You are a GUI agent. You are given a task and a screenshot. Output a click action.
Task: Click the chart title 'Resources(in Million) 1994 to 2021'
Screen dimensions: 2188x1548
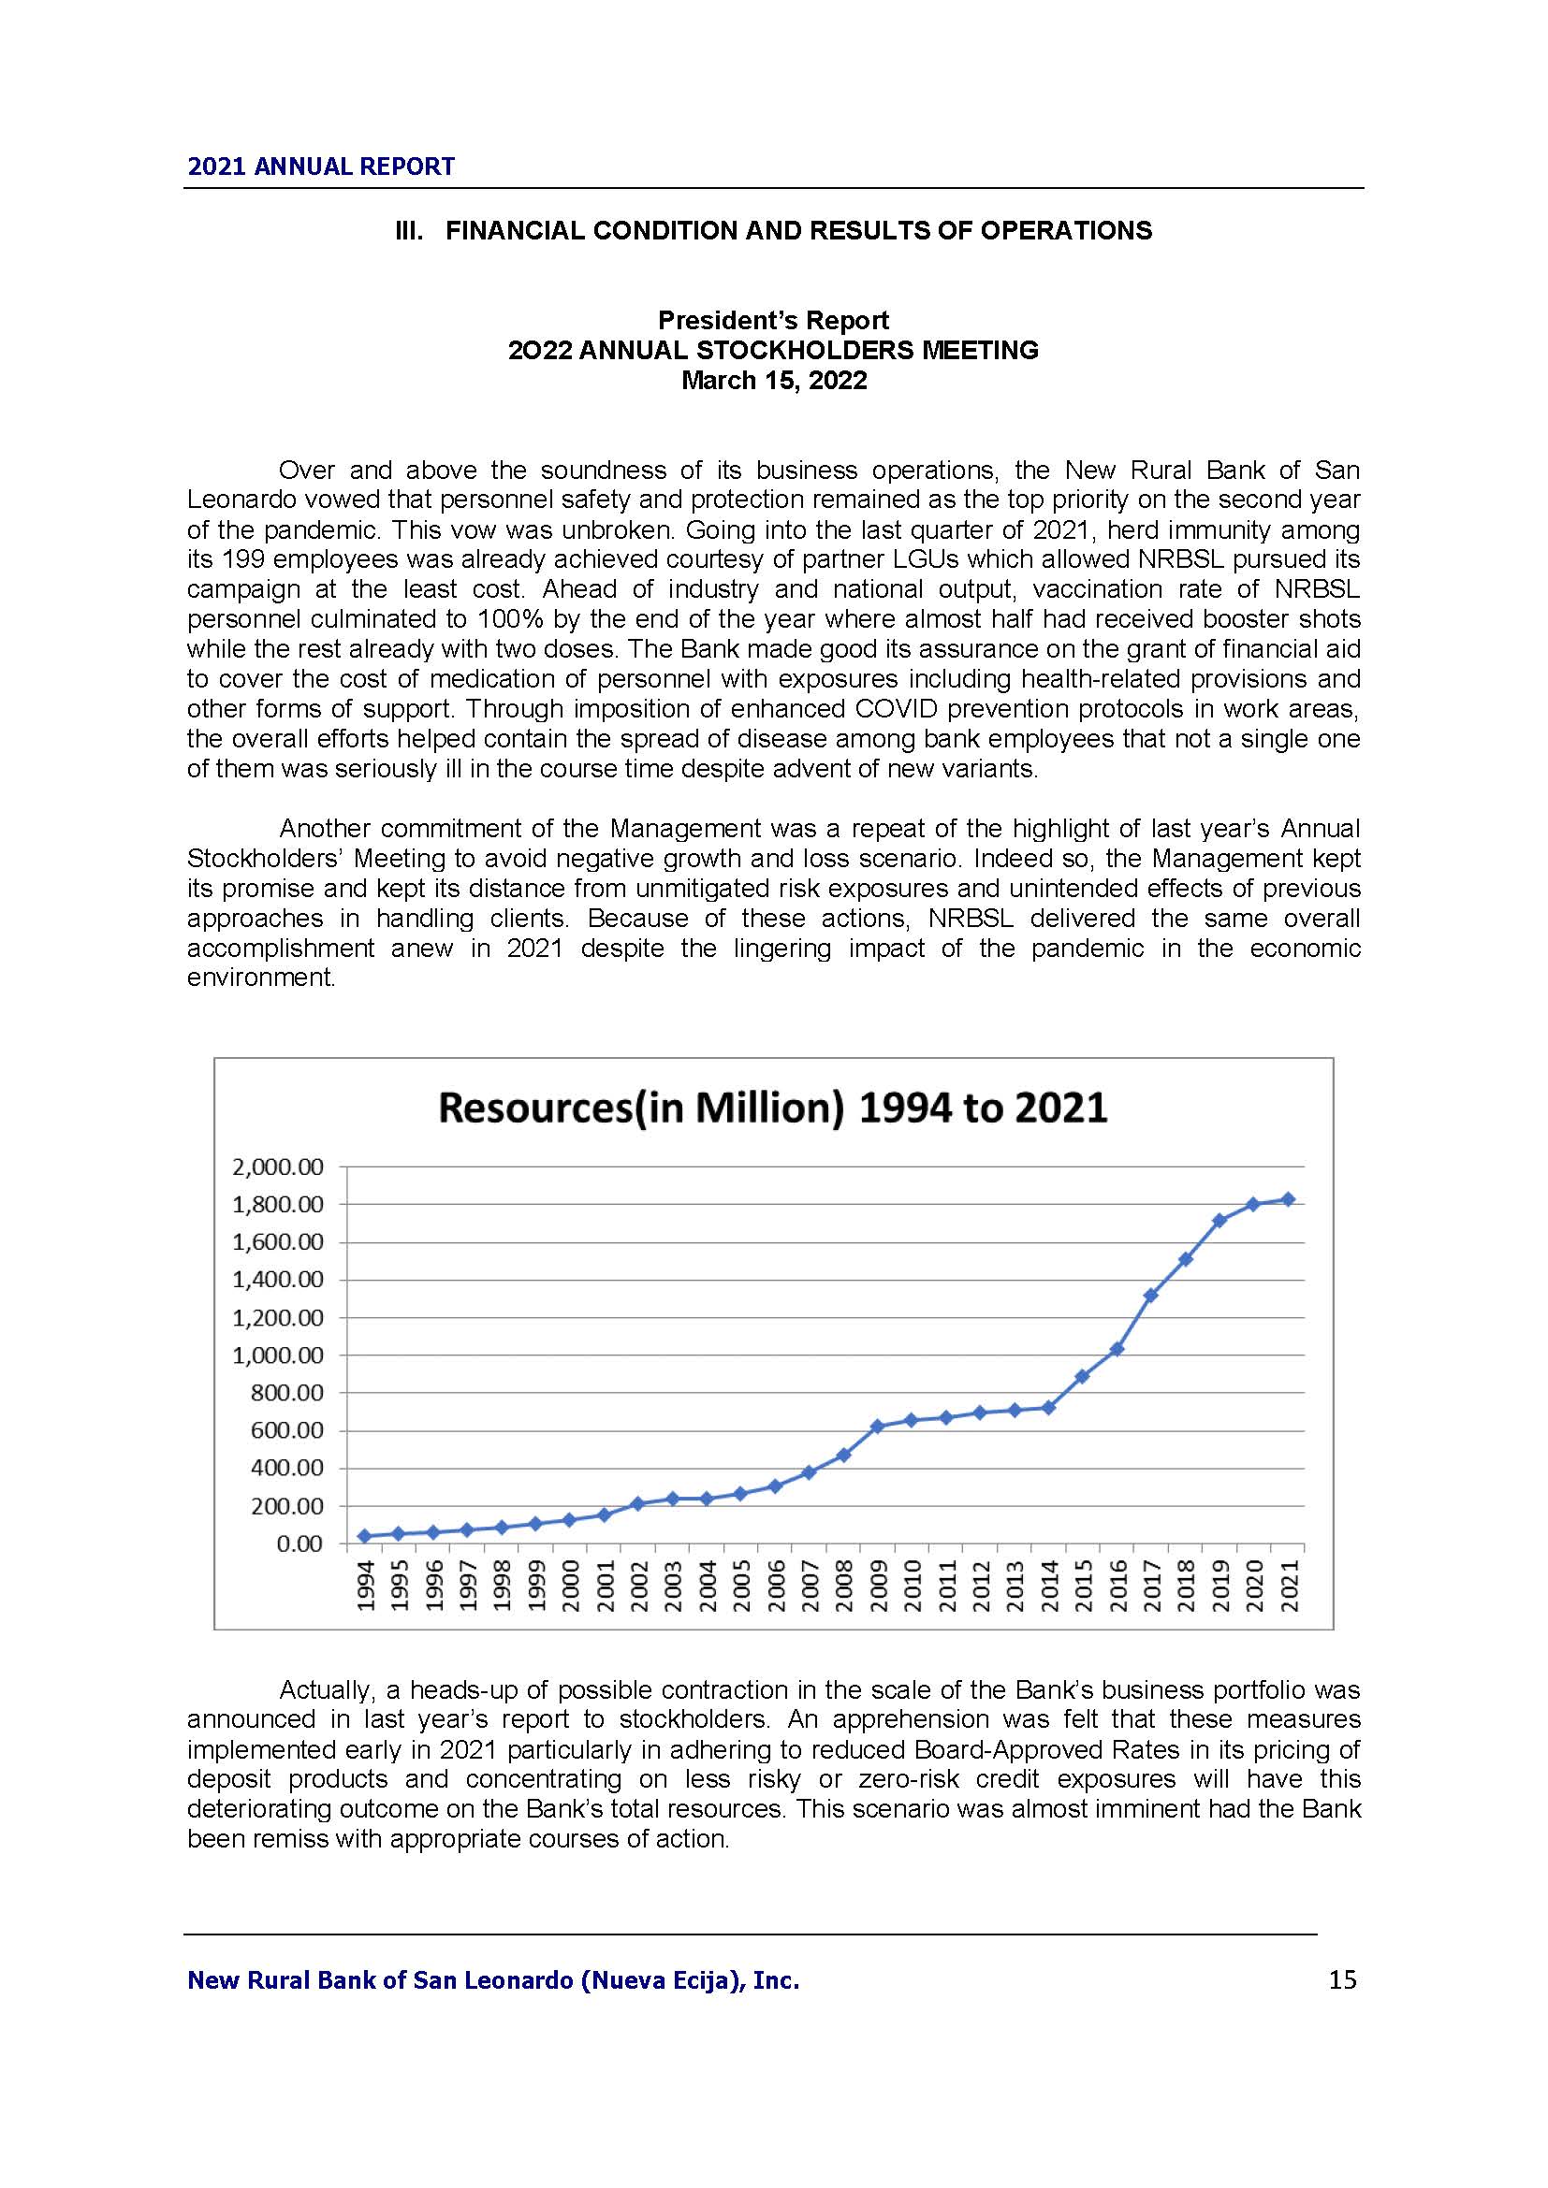pyautogui.click(x=772, y=1108)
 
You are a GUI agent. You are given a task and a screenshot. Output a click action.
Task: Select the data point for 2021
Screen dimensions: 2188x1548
pyautogui.click(x=1288, y=1200)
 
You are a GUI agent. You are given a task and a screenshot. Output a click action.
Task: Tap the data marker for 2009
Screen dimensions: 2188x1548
pyautogui.click(x=877, y=1427)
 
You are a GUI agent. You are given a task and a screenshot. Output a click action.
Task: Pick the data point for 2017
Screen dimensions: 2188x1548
pyautogui.click(x=1150, y=1295)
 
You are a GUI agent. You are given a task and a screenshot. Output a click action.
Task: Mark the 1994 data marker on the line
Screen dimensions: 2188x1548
pyautogui.click(x=364, y=1536)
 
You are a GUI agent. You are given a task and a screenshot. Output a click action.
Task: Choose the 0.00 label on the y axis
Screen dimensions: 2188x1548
pyautogui.click(x=299, y=1543)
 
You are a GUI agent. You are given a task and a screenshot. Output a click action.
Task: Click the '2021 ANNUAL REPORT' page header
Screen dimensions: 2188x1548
pyautogui.click(x=320, y=167)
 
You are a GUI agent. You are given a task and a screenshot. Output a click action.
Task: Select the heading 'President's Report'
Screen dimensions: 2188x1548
pyautogui.click(x=773, y=320)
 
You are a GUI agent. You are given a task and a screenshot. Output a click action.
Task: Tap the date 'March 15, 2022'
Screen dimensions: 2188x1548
pyautogui.click(x=773, y=380)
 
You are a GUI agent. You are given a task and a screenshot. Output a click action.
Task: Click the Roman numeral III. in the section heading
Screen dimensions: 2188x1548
pyautogui.click(x=410, y=231)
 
